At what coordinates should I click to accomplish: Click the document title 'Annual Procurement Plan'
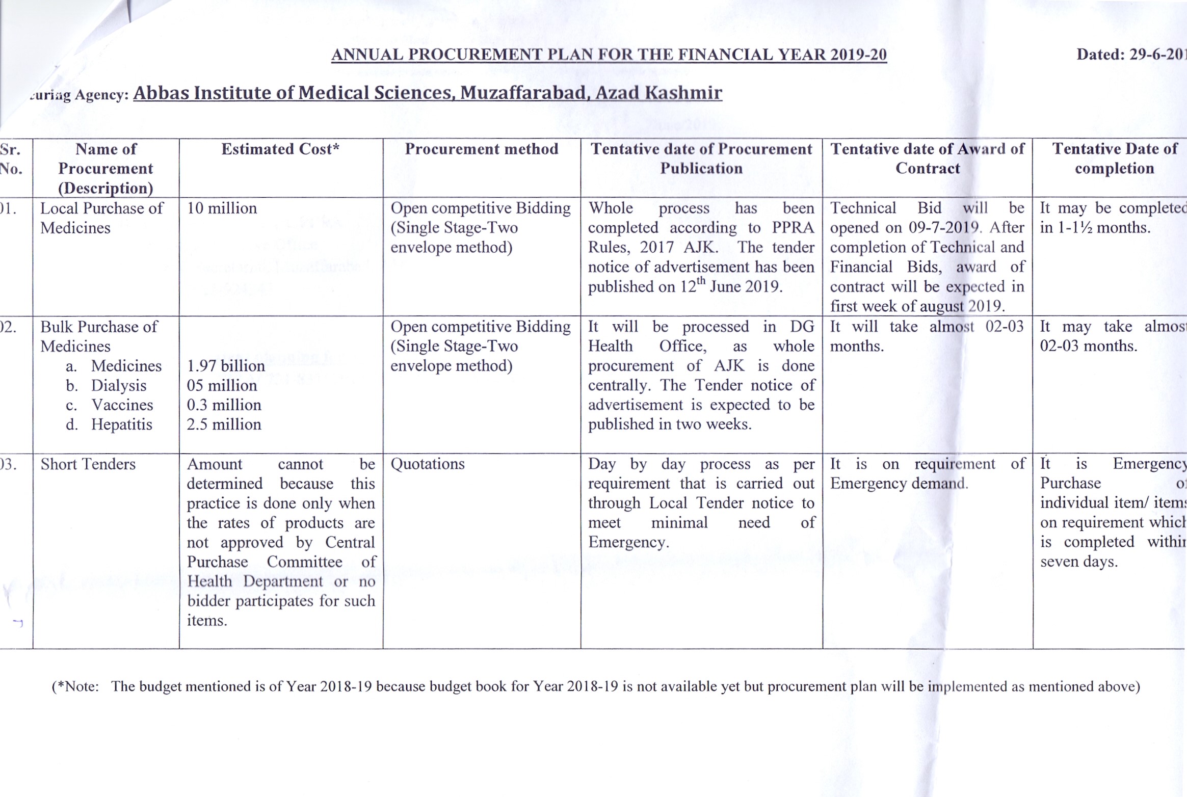coord(609,55)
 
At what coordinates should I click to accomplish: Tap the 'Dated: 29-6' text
coord(1131,55)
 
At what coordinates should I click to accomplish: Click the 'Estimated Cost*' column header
coord(280,149)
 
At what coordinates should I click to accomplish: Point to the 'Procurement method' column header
coord(481,149)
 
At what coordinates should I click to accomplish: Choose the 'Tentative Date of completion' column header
coord(1115,158)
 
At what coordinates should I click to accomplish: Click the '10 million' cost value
coord(222,208)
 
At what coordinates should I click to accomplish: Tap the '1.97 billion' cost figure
coord(226,366)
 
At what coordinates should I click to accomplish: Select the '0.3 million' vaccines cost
coord(224,405)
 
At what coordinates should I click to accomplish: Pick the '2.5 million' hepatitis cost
coord(224,424)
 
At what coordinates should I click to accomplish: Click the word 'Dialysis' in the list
coord(119,385)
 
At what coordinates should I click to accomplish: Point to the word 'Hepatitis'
coord(121,424)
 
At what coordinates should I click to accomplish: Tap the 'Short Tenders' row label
coord(88,464)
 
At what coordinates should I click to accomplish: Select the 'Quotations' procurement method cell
coord(428,464)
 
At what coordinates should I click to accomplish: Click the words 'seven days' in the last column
coord(1078,562)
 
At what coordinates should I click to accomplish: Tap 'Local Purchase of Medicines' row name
coord(101,218)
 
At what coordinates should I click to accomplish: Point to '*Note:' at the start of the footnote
coord(76,687)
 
